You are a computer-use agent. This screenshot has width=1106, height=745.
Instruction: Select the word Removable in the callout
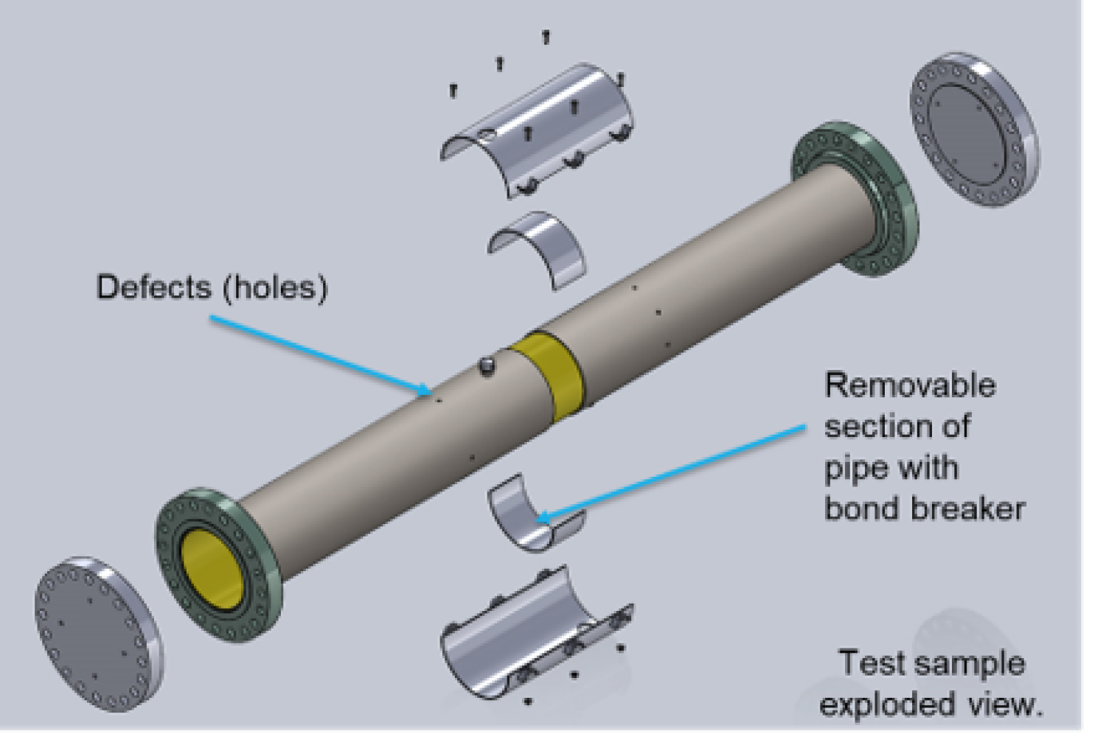coord(910,385)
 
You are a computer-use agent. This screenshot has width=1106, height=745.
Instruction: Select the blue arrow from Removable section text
coord(671,472)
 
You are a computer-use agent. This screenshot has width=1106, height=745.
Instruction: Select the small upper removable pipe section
coord(538,247)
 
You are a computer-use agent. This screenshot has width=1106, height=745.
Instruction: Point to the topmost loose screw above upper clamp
coord(546,35)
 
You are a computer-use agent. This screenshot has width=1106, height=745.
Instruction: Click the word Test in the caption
coord(867,663)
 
